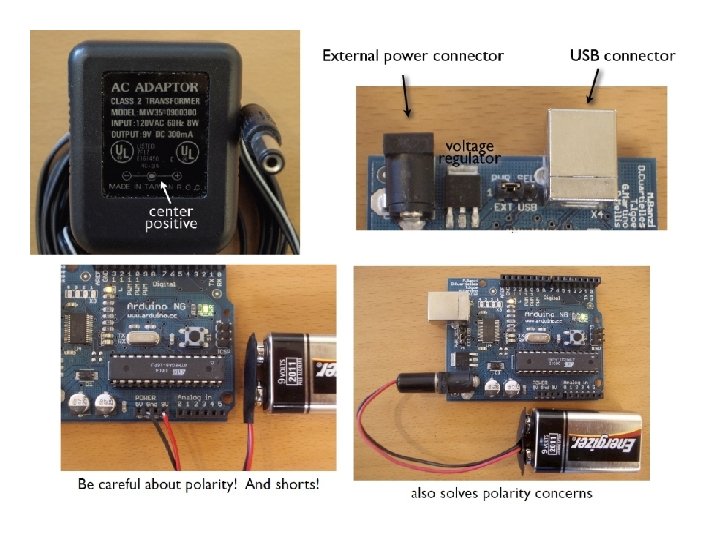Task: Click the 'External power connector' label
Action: coord(412,56)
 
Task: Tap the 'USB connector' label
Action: coord(622,56)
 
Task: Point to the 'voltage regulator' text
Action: coord(469,152)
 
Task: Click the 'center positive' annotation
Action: coord(171,217)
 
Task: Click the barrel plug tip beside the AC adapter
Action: coord(269,159)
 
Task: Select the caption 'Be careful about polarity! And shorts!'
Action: coord(199,484)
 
